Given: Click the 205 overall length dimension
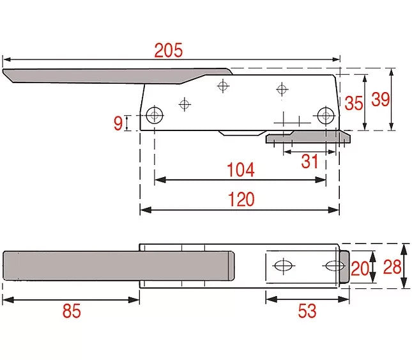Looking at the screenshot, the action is (169, 51).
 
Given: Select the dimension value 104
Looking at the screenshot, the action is (241, 169).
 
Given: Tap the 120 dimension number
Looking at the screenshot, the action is (241, 199).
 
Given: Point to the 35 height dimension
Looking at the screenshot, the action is (354, 103).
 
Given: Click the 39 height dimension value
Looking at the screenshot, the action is (381, 99).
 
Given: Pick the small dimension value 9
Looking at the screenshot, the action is (118, 123).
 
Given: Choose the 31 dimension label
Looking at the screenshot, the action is (310, 161).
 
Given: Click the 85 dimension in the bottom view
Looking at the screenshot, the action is (72, 311).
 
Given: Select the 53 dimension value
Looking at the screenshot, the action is (307, 311).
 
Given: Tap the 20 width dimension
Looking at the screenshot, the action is (360, 269).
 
